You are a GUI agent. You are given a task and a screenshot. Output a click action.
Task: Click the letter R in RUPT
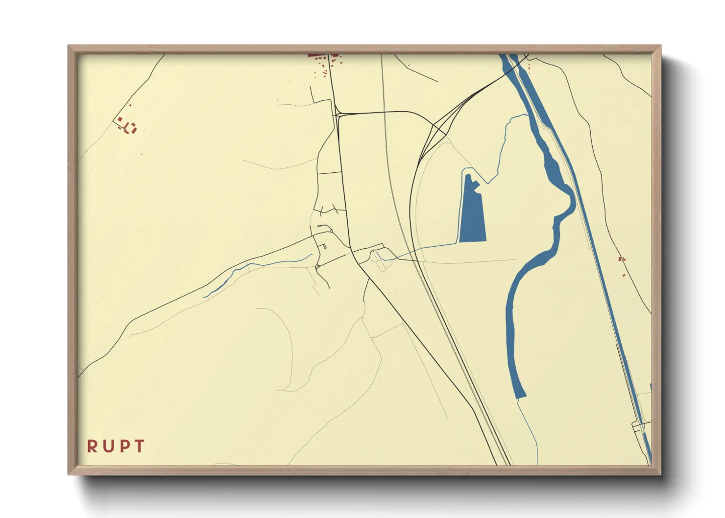click(92, 446)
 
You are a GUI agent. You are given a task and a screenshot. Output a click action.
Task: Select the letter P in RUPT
click(124, 446)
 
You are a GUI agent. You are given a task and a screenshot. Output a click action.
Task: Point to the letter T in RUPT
click(140, 446)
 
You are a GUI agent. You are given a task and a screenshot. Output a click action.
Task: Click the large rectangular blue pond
click(472, 215)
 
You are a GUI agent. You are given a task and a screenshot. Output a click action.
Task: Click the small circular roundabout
click(317, 266)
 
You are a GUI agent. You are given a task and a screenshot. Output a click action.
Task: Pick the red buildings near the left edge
click(127, 125)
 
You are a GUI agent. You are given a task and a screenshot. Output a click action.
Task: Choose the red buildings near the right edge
click(622, 259)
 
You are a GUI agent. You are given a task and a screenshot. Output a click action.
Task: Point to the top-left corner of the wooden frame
click(69, 47)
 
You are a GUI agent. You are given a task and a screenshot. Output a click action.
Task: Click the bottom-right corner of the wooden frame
click(660, 474)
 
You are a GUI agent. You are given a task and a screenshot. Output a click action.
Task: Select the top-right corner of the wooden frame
click(660, 47)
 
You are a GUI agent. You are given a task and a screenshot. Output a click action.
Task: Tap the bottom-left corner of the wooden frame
click(69, 474)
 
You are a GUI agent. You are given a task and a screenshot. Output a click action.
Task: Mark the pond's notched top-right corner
click(477, 184)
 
